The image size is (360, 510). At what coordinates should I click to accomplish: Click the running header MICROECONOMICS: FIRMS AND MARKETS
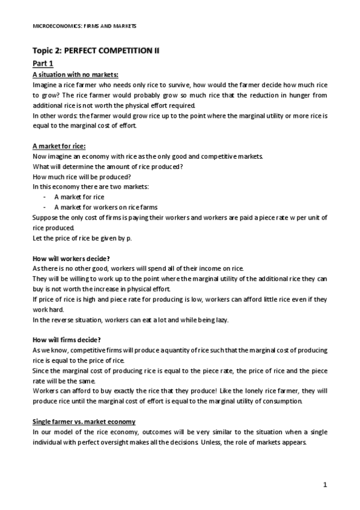click(x=84, y=26)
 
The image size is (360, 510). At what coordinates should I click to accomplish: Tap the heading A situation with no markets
click(x=75, y=75)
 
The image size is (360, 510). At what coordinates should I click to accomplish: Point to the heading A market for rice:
click(x=58, y=146)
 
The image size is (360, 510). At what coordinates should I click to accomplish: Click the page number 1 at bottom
click(x=325, y=484)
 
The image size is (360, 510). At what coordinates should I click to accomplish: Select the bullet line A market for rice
click(x=79, y=197)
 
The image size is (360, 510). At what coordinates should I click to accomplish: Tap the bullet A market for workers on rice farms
click(x=100, y=207)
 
